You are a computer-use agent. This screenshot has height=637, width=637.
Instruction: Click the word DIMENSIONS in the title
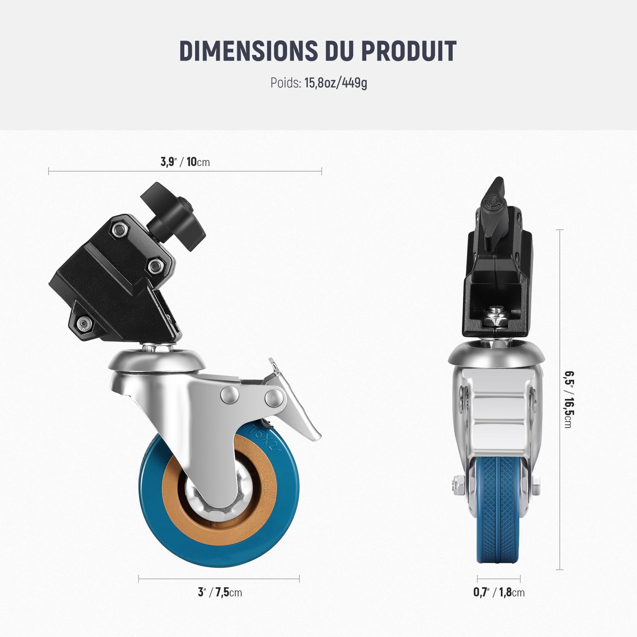coord(247,51)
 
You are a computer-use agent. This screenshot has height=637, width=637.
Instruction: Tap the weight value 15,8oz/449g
coord(336,83)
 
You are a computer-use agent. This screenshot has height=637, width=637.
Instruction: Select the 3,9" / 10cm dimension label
coord(185,162)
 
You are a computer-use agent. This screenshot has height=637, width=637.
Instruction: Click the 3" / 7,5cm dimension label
coord(220,592)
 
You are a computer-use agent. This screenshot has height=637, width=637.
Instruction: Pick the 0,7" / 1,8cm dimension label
coord(499,592)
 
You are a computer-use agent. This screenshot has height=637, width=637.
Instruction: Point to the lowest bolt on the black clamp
coord(83,323)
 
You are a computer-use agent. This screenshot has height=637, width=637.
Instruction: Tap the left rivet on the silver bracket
coord(229,394)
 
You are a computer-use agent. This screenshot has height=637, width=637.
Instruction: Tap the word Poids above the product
coord(285,83)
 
